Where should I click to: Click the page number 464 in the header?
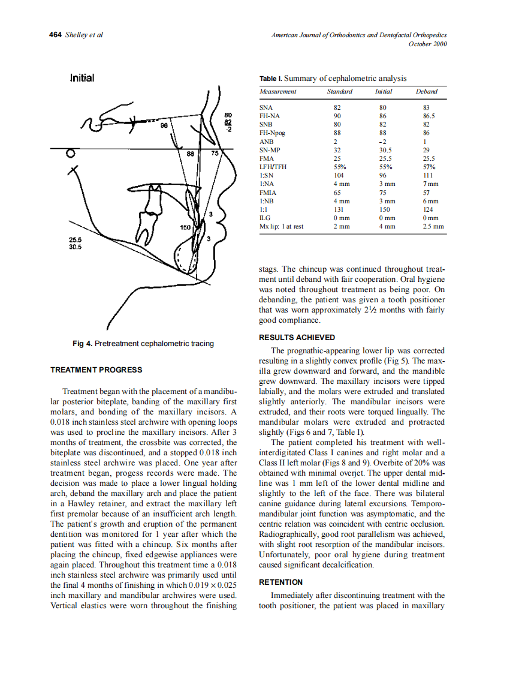point(55,35)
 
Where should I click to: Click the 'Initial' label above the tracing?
point(82,78)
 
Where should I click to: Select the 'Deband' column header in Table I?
point(426,92)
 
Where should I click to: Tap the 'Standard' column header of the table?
point(339,92)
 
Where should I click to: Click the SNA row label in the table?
point(265,107)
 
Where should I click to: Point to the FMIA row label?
point(267,193)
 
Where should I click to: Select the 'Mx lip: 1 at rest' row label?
point(281,227)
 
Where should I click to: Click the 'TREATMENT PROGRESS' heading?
point(96,369)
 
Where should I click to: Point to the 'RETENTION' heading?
point(280,582)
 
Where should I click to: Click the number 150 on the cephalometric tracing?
point(186,227)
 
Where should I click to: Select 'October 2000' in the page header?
point(427,44)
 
